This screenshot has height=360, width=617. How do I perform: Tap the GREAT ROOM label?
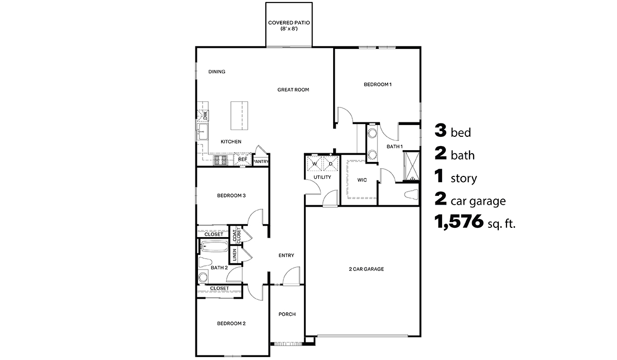(x=293, y=89)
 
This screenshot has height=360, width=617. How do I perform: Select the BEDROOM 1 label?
(x=377, y=84)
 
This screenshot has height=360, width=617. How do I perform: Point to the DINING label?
(x=216, y=72)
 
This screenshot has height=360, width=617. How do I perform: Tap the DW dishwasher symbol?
(x=204, y=116)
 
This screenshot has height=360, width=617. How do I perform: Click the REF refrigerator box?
(x=243, y=160)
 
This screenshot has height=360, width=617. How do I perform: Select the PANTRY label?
(x=261, y=161)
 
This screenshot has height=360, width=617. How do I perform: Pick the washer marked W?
(x=315, y=164)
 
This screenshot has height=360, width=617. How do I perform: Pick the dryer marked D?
(x=331, y=164)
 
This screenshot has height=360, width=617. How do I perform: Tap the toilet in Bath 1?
(x=411, y=195)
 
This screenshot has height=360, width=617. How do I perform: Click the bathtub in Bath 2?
(x=213, y=246)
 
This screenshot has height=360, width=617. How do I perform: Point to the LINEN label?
(x=234, y=255)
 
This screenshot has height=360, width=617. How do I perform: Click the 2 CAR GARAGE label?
(x=367, y=269)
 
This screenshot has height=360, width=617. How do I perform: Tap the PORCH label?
(x=287, y=314)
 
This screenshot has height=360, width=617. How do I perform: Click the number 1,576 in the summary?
(x=459, y=222)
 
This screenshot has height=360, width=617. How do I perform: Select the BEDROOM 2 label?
(x=231, y=323)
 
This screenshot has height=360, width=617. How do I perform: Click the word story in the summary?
(x=464, y=179)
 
